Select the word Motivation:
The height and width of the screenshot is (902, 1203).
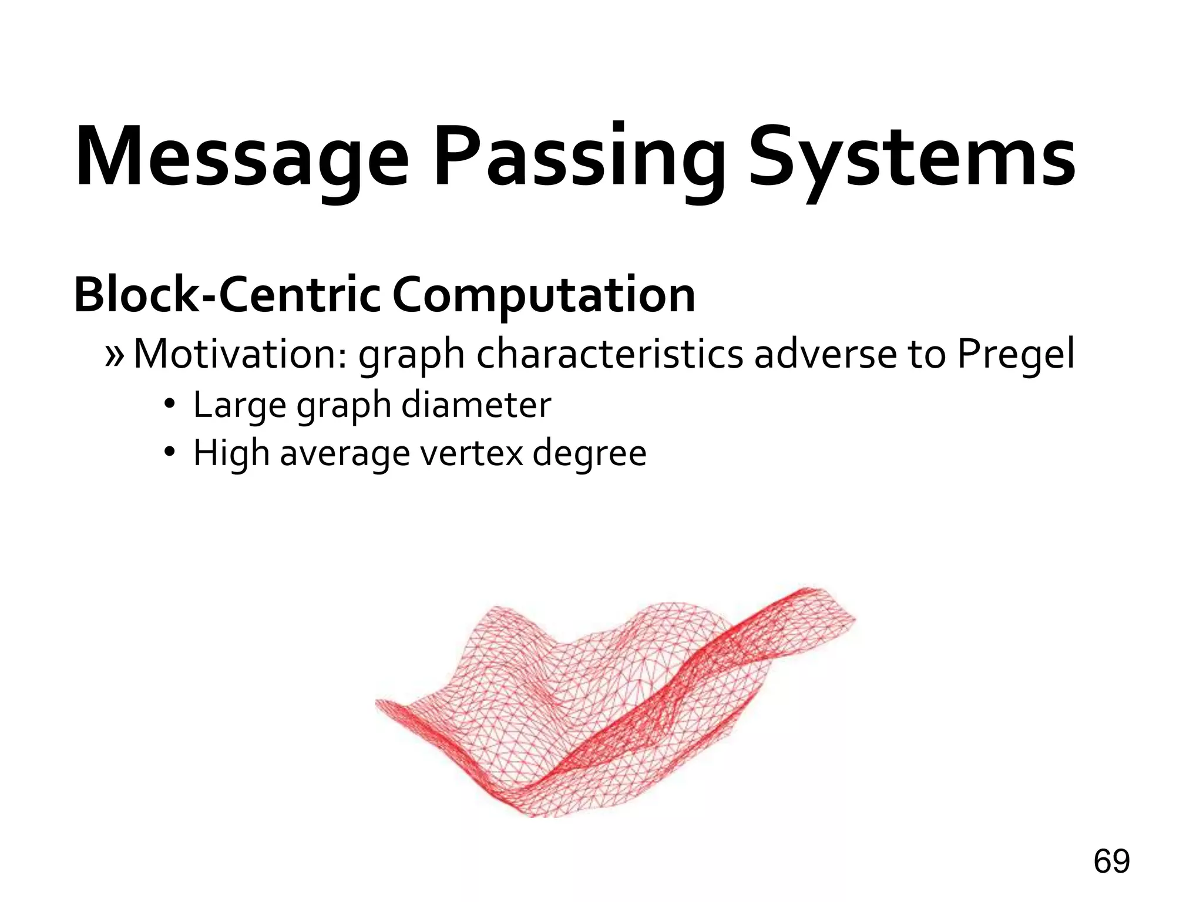click(241, 354)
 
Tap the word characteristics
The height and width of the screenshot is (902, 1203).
click(609, 354)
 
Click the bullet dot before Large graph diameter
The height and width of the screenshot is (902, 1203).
click(170, 404)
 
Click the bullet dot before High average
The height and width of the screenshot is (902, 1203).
click(170, 452)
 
